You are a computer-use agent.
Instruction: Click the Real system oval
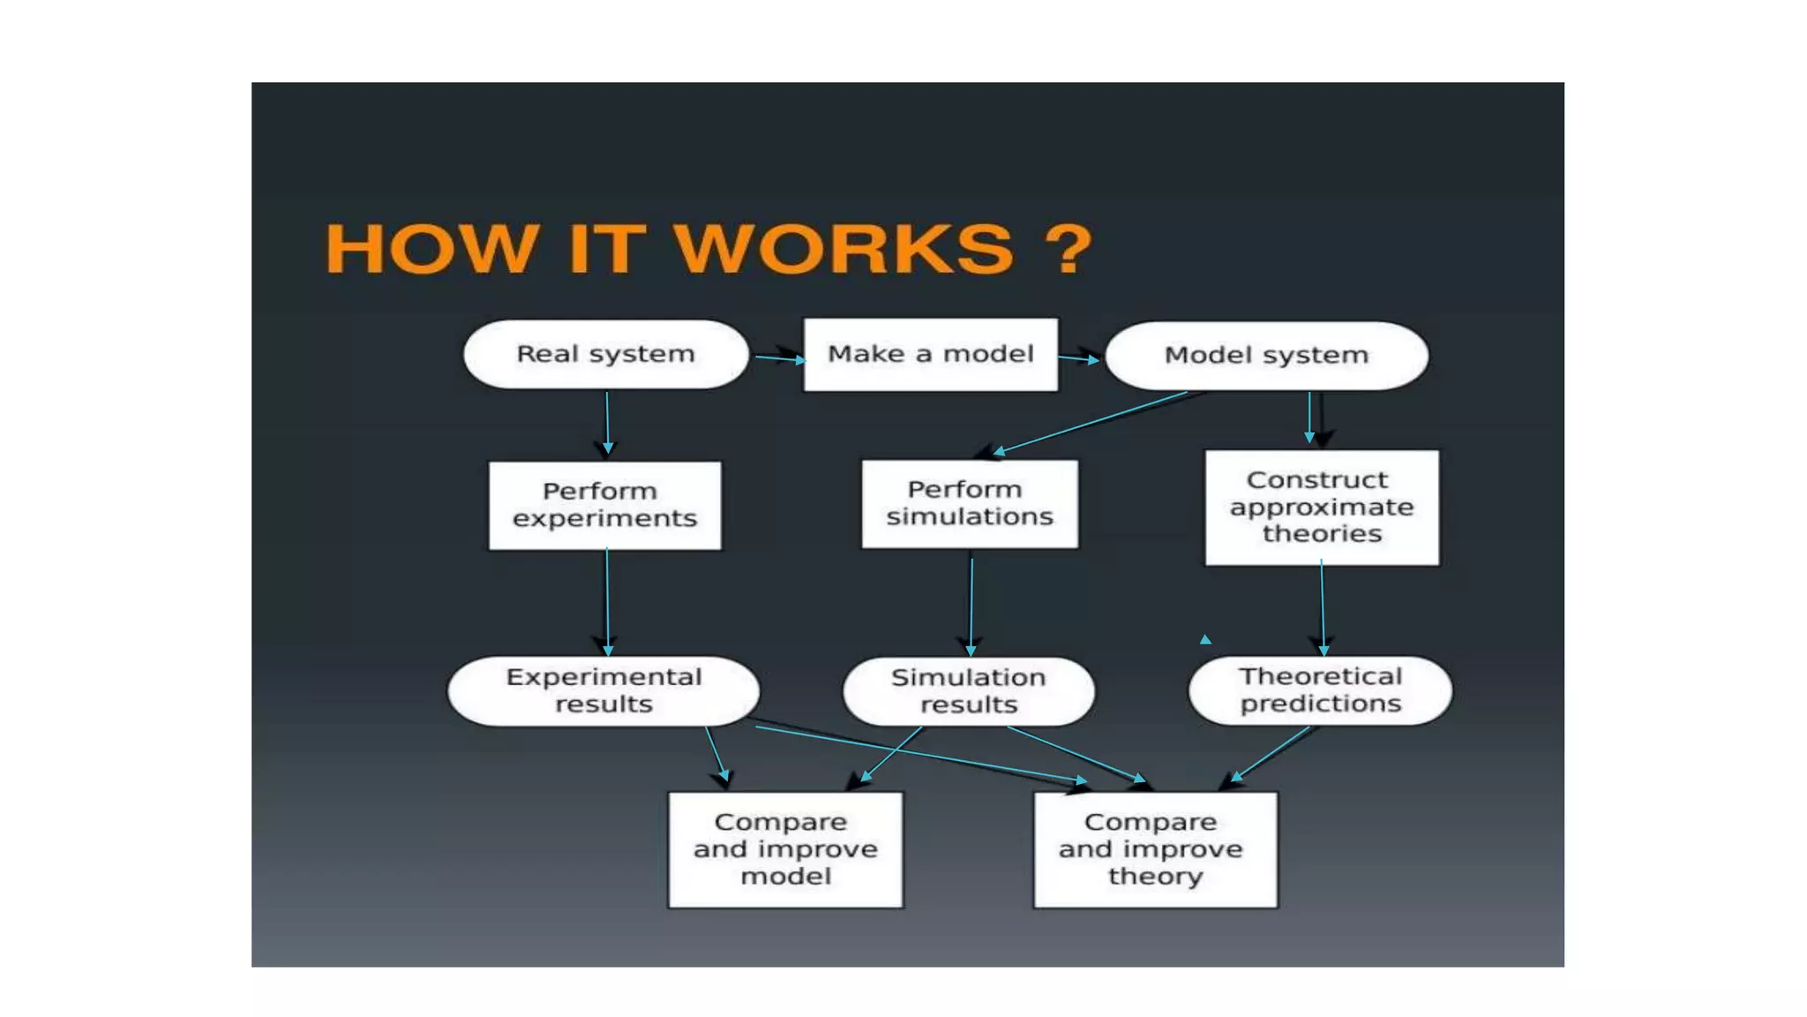pyautogui.click(x=605, y=354)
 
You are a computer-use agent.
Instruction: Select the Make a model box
pyautogui.click(x=930, y=354)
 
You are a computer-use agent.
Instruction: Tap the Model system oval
pyautogui.click(x=1266, y=355)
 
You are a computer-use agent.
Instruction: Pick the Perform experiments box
pyautogui.click(x=604, y=505)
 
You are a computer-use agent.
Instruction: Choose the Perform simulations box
pyautogui.click(x=969, y=503)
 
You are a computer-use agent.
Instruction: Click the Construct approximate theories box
pyautogui.click(x=1321, y=507)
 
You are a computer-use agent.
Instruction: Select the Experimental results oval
pyautogui.click(x=604, y=690)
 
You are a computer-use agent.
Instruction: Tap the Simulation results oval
pyautogui.click(x=968, y=691)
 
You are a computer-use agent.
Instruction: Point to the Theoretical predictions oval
pyautogui.click(x=1320, y=690)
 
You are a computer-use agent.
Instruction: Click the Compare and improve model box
pyautogui.click(x=785, y=849)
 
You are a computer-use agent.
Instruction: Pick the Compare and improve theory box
pyautogui.click(x=1154, y=849)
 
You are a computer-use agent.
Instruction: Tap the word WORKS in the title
pyautogui.click(x=844, y=249)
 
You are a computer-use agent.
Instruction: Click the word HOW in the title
pyautogui.click(x=431, y=249)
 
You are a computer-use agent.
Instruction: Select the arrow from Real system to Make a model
pyautogui.click(x=778, y=358)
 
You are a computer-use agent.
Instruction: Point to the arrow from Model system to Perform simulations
pyautogui.click(x=1091, y=422)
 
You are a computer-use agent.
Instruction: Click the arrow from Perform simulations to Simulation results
pyautogui.click(x=971, y=606)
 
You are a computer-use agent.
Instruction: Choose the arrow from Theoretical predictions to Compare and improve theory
pyautogui.click(x=1271, y=754)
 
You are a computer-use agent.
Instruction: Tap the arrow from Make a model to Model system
pyautogui.click(x=1079, y=358)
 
